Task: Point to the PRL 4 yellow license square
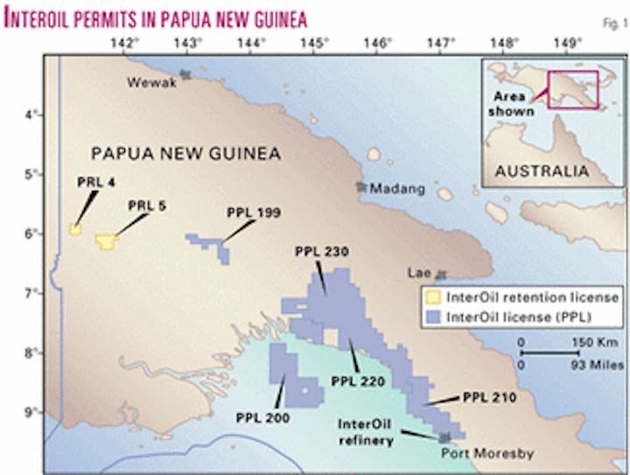(75, 229)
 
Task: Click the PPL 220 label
(360, 381)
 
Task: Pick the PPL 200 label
(262, 418)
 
